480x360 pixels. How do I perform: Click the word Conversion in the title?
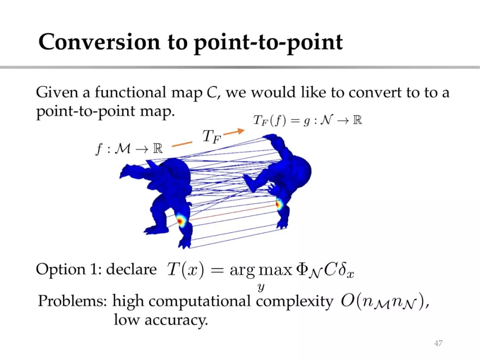99,42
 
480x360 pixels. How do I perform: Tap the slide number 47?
438,343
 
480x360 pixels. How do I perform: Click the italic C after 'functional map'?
212,92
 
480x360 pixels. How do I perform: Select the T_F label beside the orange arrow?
212,136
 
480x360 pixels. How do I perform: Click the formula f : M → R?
129,149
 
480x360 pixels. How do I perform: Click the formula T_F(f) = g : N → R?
308,120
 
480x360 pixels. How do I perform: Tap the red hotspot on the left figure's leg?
180,221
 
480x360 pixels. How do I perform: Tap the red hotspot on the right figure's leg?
279,204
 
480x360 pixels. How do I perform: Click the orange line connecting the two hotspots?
232,213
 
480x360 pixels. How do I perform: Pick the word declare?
131,269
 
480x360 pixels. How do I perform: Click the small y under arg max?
261,288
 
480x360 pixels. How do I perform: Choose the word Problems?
72,300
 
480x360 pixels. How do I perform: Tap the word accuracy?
176,320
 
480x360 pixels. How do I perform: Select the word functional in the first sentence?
130,92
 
